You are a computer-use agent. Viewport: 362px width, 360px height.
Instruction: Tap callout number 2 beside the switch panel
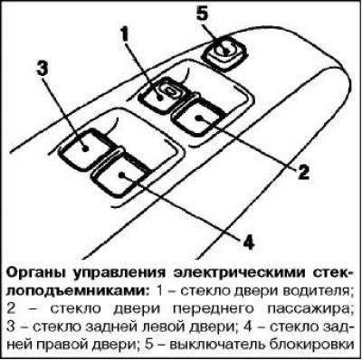click(x=305, y=169)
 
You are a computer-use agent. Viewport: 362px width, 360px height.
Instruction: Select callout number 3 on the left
click(x=42, y=68)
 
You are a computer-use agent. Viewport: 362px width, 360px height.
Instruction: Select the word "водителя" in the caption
click(x=323, y=291)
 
